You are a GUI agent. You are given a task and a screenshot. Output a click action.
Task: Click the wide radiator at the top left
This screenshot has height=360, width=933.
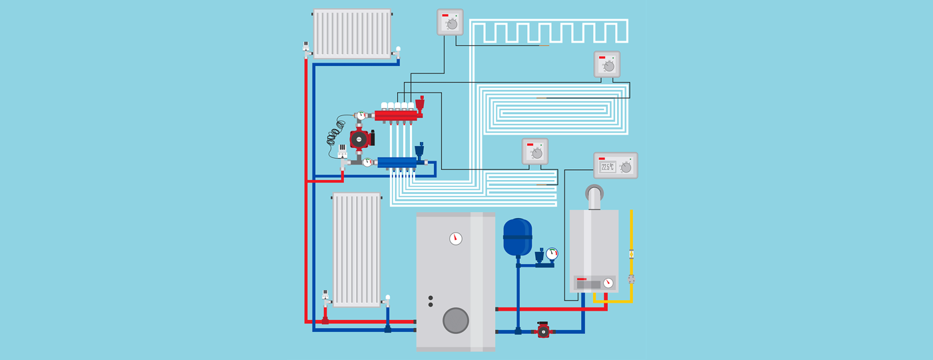(352, 33)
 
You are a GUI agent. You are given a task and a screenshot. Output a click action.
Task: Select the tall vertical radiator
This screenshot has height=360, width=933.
(357, 249)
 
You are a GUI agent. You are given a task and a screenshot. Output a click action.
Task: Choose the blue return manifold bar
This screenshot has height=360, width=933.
(397, 162)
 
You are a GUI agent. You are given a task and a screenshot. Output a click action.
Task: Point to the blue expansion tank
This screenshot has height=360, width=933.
(517, 237)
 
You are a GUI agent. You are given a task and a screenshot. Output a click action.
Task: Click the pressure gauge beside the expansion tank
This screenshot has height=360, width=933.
(552, 254)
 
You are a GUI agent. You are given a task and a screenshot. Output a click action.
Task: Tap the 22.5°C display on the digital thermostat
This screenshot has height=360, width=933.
(608, 167)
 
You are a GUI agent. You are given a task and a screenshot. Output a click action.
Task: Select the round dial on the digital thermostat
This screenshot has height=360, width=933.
(626, 167)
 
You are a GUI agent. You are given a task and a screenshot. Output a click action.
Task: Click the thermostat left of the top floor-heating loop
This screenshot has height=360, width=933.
(450, 22)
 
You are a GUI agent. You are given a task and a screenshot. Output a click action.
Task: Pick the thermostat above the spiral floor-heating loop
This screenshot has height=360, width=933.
(607, 65)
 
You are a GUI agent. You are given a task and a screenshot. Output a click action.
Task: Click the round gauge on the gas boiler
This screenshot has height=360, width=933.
(608, 283)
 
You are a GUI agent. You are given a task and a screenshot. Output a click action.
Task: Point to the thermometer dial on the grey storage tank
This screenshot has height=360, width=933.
(456, 239)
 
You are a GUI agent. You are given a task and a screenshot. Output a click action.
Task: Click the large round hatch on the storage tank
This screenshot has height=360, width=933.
(456, 320)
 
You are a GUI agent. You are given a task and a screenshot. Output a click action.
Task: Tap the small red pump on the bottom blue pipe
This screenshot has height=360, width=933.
(543, 330)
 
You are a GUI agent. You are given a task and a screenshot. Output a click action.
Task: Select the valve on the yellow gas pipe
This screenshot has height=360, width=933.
(631, 254)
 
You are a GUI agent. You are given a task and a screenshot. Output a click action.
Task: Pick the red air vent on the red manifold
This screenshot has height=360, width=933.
(420, 104)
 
